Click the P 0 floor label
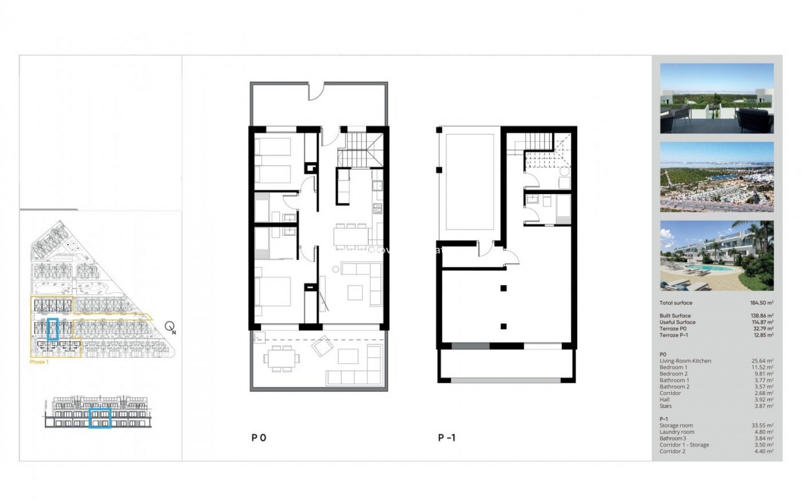point(259,438)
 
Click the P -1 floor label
point(447,438)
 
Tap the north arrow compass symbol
point(170,326)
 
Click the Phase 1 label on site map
point(39,362)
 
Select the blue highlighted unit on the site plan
point(53,329)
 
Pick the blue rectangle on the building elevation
point(100,418)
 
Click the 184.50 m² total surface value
point(761,303)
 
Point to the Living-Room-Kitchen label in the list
point(685,361)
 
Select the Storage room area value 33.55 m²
point(762,425)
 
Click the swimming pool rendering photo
point(717,256)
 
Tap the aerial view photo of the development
point(717,177)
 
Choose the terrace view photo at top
point(717,99)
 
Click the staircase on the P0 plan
point(360,149)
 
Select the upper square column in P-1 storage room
point(504,288)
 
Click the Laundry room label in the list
point(677,432)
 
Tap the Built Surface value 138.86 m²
point(762,316)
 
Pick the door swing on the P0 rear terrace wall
point(316,91)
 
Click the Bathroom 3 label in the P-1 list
point(673,438)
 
